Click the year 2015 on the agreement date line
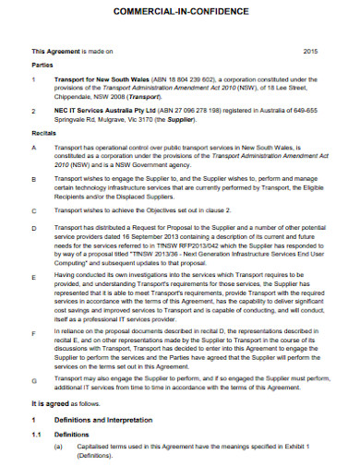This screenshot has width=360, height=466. click(310, 52)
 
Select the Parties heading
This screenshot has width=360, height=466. click(43, 66)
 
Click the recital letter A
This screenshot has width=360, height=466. click(34, 147)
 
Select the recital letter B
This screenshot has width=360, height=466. click(34, 178)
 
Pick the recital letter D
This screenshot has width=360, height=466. click(34, 226)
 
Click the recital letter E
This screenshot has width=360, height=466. click(34, 276)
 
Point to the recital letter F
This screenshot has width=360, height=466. click(34, 332)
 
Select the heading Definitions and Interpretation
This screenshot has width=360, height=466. click(104, 419)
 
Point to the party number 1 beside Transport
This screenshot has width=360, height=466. click(34, 79)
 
